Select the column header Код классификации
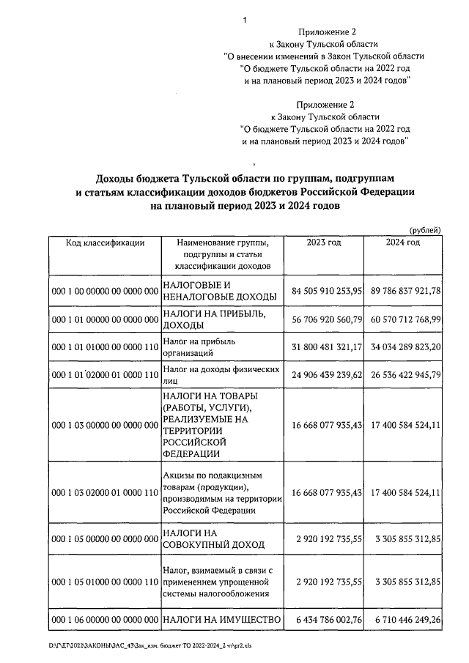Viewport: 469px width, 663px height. click(105, 242)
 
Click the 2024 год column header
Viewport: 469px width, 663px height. click(403, 242)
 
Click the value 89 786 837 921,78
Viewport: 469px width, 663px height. click(405, 291)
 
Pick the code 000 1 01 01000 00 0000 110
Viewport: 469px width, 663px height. click(105, 347)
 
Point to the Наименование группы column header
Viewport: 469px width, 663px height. click(223, 253)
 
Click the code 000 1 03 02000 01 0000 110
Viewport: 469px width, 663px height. click(105, 493)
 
